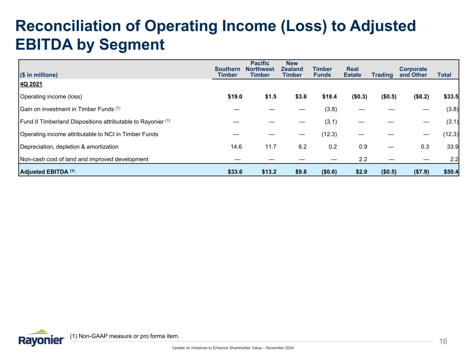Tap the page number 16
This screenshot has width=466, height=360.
coord(443,342)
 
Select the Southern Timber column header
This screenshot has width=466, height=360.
coord(227,72)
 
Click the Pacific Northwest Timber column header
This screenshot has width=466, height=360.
coord(260,69)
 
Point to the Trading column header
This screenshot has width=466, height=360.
coord(382,75)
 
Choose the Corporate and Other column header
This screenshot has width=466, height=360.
coord(413,72)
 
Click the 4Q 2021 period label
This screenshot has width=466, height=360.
coord(31,84)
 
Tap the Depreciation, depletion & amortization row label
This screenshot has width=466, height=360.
coord(69,147)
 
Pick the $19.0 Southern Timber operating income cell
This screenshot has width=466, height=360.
coord(235,97)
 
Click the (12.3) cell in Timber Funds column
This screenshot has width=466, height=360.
coord(329,134)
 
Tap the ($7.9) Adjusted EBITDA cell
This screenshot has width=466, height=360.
coord(420,172)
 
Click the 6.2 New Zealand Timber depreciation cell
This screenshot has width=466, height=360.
coord(302,147)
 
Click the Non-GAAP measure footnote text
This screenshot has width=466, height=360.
coord(124,336)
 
